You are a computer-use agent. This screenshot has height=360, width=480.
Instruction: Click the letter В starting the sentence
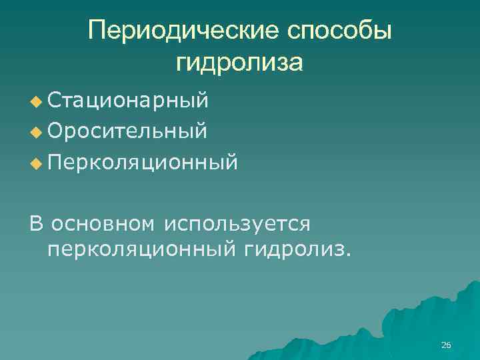36,223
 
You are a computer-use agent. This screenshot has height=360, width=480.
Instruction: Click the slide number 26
446,345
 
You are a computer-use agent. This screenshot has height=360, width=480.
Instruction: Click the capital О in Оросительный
56,131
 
